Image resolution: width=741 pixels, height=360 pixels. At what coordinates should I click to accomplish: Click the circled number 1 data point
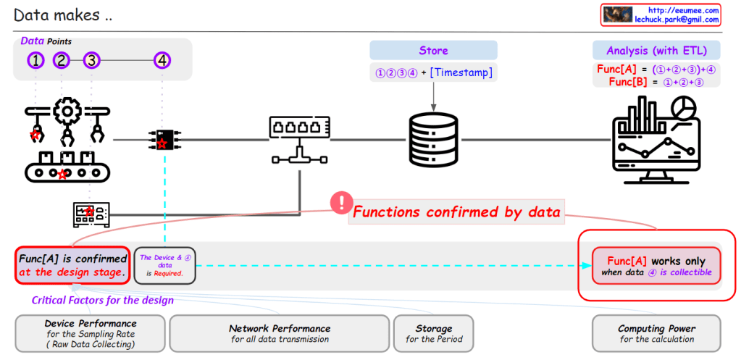[x=35, y=61]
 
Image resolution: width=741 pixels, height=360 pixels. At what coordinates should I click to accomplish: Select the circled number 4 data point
[x=162, y=61]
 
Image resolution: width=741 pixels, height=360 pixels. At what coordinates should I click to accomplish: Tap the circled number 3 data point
[x=91, y=61]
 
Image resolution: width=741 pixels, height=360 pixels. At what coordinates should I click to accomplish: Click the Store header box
[x=433, y=51]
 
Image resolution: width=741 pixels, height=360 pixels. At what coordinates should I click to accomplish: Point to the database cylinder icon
[x=433, y=138]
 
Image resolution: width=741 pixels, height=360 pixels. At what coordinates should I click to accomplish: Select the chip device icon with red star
[x=162, y=139]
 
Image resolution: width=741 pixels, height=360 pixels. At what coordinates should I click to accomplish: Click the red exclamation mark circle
[x=340, y=203]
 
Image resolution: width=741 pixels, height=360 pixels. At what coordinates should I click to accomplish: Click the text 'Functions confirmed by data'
[x=456, y=212]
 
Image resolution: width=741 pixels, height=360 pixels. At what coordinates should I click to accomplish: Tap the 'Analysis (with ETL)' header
[x=656, y=51]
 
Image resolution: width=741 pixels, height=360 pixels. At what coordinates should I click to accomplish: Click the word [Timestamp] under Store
[x=461, y=73]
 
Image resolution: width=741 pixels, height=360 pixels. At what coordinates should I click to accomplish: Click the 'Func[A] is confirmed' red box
[x=72, y=264]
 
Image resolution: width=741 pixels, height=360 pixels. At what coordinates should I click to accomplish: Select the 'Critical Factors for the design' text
[x=102, y=300]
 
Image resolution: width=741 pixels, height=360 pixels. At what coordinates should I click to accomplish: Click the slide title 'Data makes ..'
[x=62, y=14]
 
